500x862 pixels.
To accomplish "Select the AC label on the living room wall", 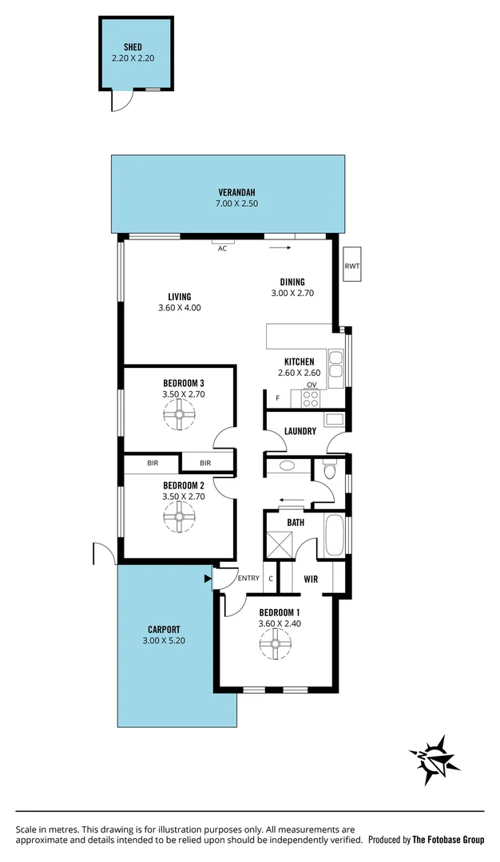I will pyautogui.click(x=223, y=248).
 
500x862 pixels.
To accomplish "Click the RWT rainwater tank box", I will pyautogui.click(x=352, y=266).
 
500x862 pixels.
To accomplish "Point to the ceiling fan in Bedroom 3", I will pyautogui.click(x=180, y=414).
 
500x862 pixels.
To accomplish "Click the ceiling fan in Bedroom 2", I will pyautogui.click(x=180, y=517).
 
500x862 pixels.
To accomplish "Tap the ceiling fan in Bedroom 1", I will pyautogui.click(x=276, y=644).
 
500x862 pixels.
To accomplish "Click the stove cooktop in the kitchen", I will pyautogui.click(x=311, y=397).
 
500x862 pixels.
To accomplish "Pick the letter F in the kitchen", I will pyautogui.click(x=277, y=397).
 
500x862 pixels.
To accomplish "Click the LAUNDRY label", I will pyautogui.click(x=300, y=431).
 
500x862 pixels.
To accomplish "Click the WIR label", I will pyautogui.click(x=312, y=579).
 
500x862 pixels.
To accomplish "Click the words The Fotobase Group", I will pyautogui.click(x=448, y=840).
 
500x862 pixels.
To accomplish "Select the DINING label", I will pyautogui.click(x=292, y=282).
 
